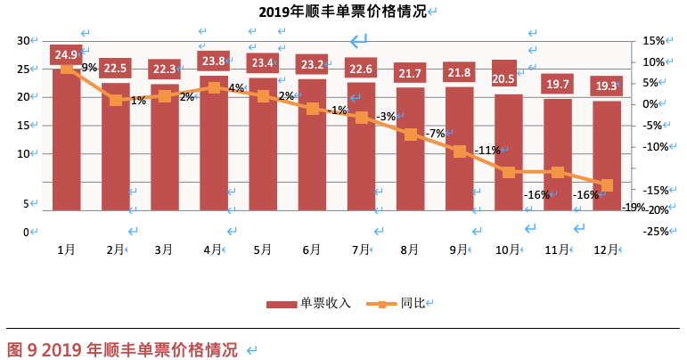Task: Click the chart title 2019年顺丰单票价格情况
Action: pyautogui.click(x=342, y=12)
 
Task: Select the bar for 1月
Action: pyautogui.click(x=67, y=143)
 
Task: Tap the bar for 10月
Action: pyautogui.click(x=508, y=151)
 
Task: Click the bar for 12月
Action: pyautogui.click(x=607, y=156)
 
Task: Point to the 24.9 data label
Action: pyautogui.click(x=67, y=54)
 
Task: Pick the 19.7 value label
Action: pyautogui.click(x=558, y=84)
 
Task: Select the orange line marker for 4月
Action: pyautogui.click(x=214, y=87)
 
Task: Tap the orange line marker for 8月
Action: pyautogui.click(x=410, y=135)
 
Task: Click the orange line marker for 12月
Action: pyautogui.click(x=607, y=185)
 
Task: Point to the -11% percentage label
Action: pyautogui.click(x=487, y=150)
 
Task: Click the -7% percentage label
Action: pyautogui.click(x=435, y=134)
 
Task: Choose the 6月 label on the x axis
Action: pyautogui.click(x=311, y=250)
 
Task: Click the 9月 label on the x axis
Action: pyautogui.click(x=458, y=250)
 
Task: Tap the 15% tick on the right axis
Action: pyautogui.click(x=653, y=40)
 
